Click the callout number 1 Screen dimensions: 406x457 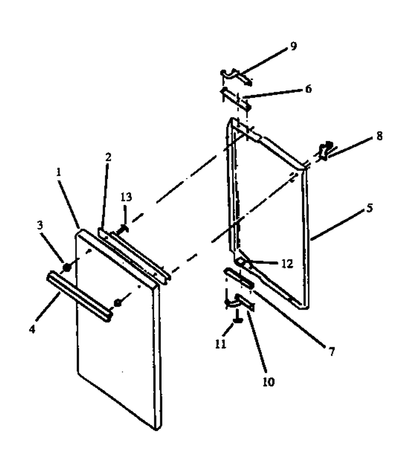click(59, 172)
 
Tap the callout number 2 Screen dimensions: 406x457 click(108, 157)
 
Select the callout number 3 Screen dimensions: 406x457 click(40, 225)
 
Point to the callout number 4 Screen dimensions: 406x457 click(32, 329)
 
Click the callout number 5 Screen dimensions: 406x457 click(369, 208)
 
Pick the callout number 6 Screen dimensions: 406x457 click(309, 88)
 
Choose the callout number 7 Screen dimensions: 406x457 click(332, 352)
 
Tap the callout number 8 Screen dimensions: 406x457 click(379, 136)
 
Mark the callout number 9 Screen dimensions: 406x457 click(293, 46)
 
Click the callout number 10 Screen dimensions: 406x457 click(268, 382)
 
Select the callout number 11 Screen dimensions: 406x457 click(221, 344)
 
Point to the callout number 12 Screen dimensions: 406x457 click(287, 264)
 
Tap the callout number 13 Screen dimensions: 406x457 click(126, 197)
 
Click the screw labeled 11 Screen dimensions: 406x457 click(238, 317)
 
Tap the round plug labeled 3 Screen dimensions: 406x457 click(66, 267)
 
